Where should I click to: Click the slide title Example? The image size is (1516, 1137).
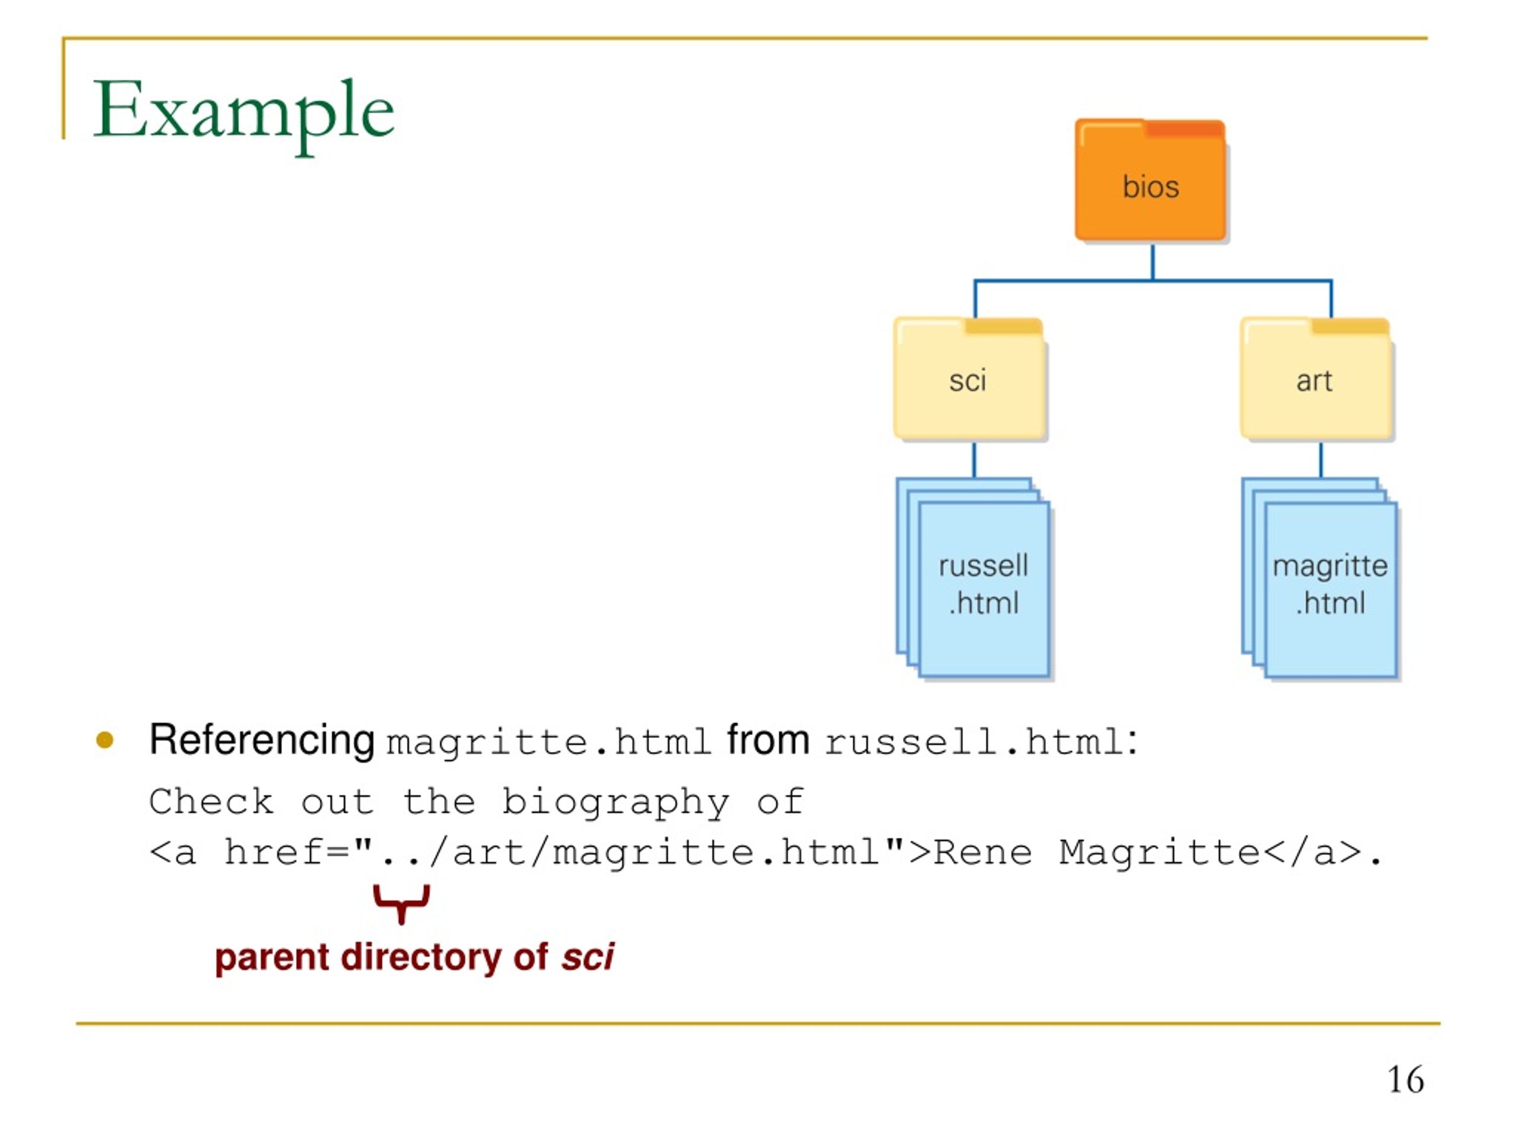[243, 113]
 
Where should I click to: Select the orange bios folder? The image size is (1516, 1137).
[1151, 180]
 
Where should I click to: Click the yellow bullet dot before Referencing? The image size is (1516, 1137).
[105, 740]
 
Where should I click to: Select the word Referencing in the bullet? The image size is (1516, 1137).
[262, 741]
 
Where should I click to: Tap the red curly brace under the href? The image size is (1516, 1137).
[402, 903]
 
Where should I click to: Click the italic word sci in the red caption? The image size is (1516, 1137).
[587, 957]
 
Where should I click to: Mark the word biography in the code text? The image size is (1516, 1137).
[615, 803]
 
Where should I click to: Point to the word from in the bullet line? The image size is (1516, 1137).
[767, 740]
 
